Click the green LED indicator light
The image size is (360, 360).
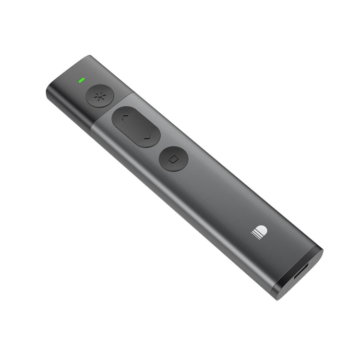point(82,80)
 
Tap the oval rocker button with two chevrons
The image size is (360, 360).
point(136,127)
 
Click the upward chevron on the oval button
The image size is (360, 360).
point(124,117)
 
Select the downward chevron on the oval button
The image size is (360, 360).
point(147,137)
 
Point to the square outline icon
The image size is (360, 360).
point(174,158)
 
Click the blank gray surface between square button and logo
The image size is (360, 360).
point(216,192)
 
